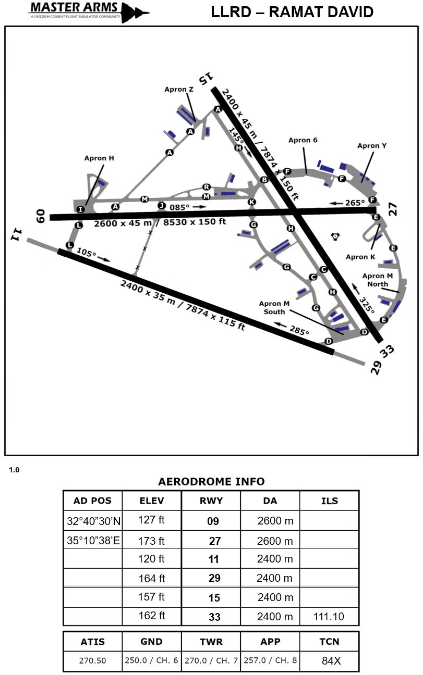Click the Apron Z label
pos(179,90)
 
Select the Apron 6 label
pos(303,140)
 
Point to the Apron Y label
pos(372,146)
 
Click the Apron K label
pos(360,257)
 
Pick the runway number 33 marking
pos(388,352)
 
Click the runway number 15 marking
pos(207,78)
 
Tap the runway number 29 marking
pos(377,367)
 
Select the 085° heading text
pos(180,207)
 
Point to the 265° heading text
pos(355,203)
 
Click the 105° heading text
pos(86,252)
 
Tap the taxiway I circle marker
pos(80,209)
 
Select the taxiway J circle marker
pos(161,205)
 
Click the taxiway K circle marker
pos(252,202)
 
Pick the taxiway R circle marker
pos(206,187)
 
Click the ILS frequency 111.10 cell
pos(329,617)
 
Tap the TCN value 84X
pos(331,660)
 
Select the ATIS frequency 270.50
pos(93,660)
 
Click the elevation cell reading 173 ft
pos(151,541)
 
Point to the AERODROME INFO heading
pos(211,481)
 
